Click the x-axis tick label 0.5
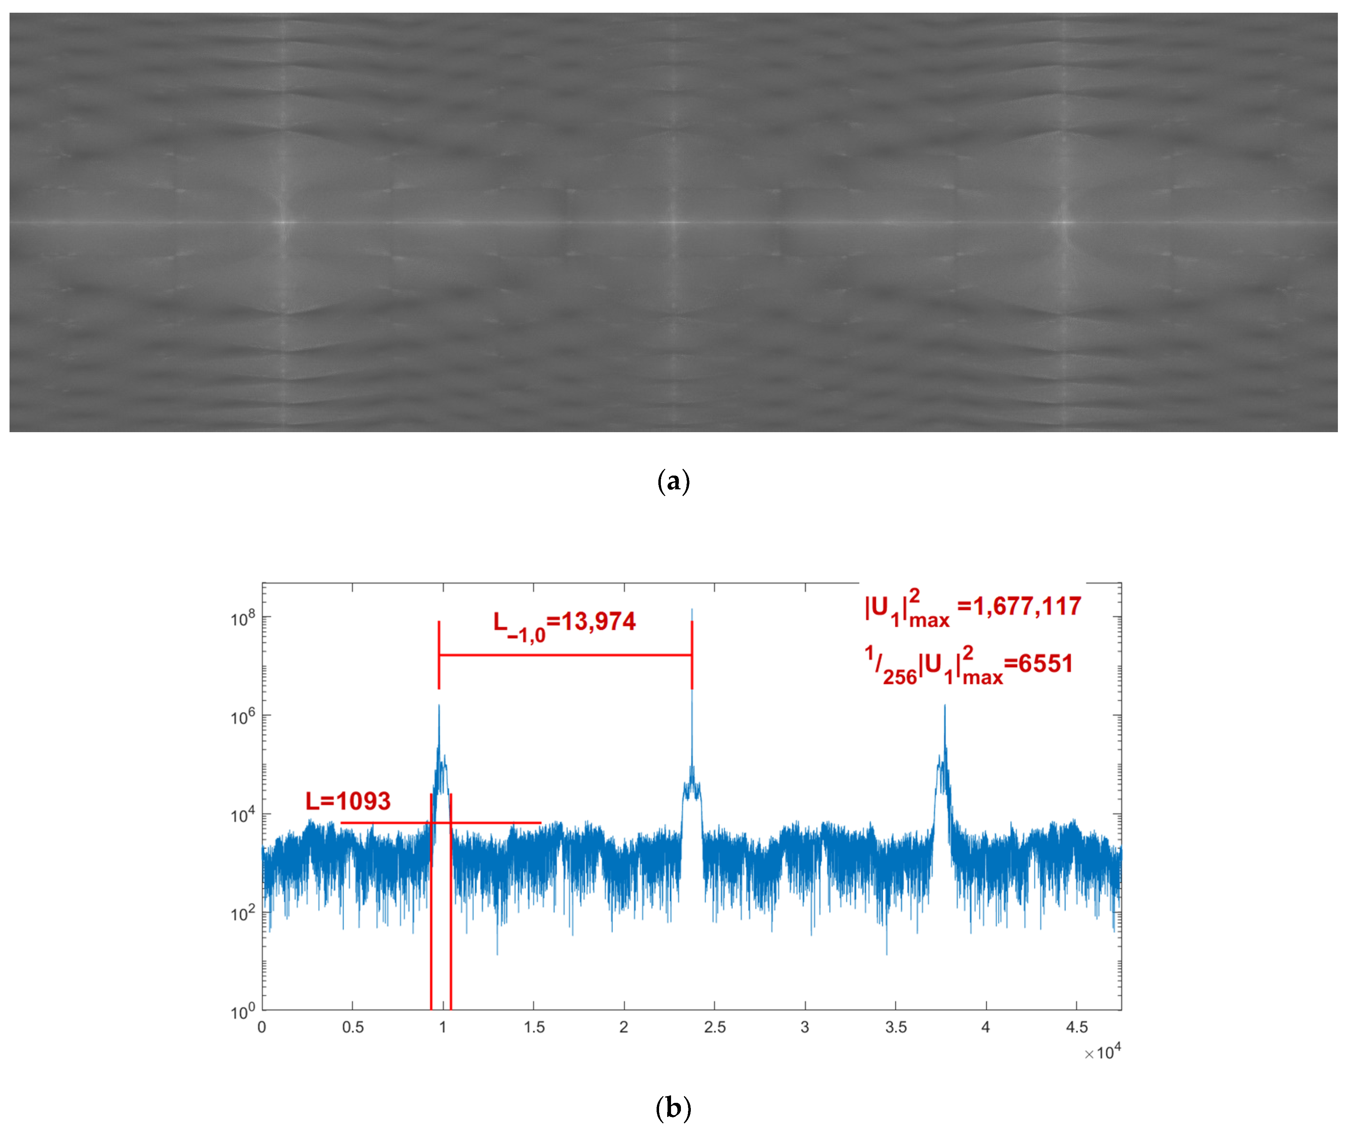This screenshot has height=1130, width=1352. [x=353, y=1028]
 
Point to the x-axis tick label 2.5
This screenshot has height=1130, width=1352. [x=714, y=1028]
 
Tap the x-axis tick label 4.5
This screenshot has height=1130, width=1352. [x=1077, y=1028]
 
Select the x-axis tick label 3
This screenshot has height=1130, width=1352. [x=805, y=1028]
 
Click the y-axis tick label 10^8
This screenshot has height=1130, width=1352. [x=243, y=618]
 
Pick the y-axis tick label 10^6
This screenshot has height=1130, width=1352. [x=243, y=717]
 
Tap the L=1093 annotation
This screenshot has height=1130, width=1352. [x=348, y=802]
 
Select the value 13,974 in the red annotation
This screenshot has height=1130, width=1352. [x=599, y=622]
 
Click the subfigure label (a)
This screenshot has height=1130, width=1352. [x=674, y=482]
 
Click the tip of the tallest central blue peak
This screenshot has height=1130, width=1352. [x=692, y=609]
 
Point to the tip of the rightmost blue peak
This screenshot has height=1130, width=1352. [x=945, y=706]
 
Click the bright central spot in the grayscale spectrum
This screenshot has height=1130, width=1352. [x=674, y=223]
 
